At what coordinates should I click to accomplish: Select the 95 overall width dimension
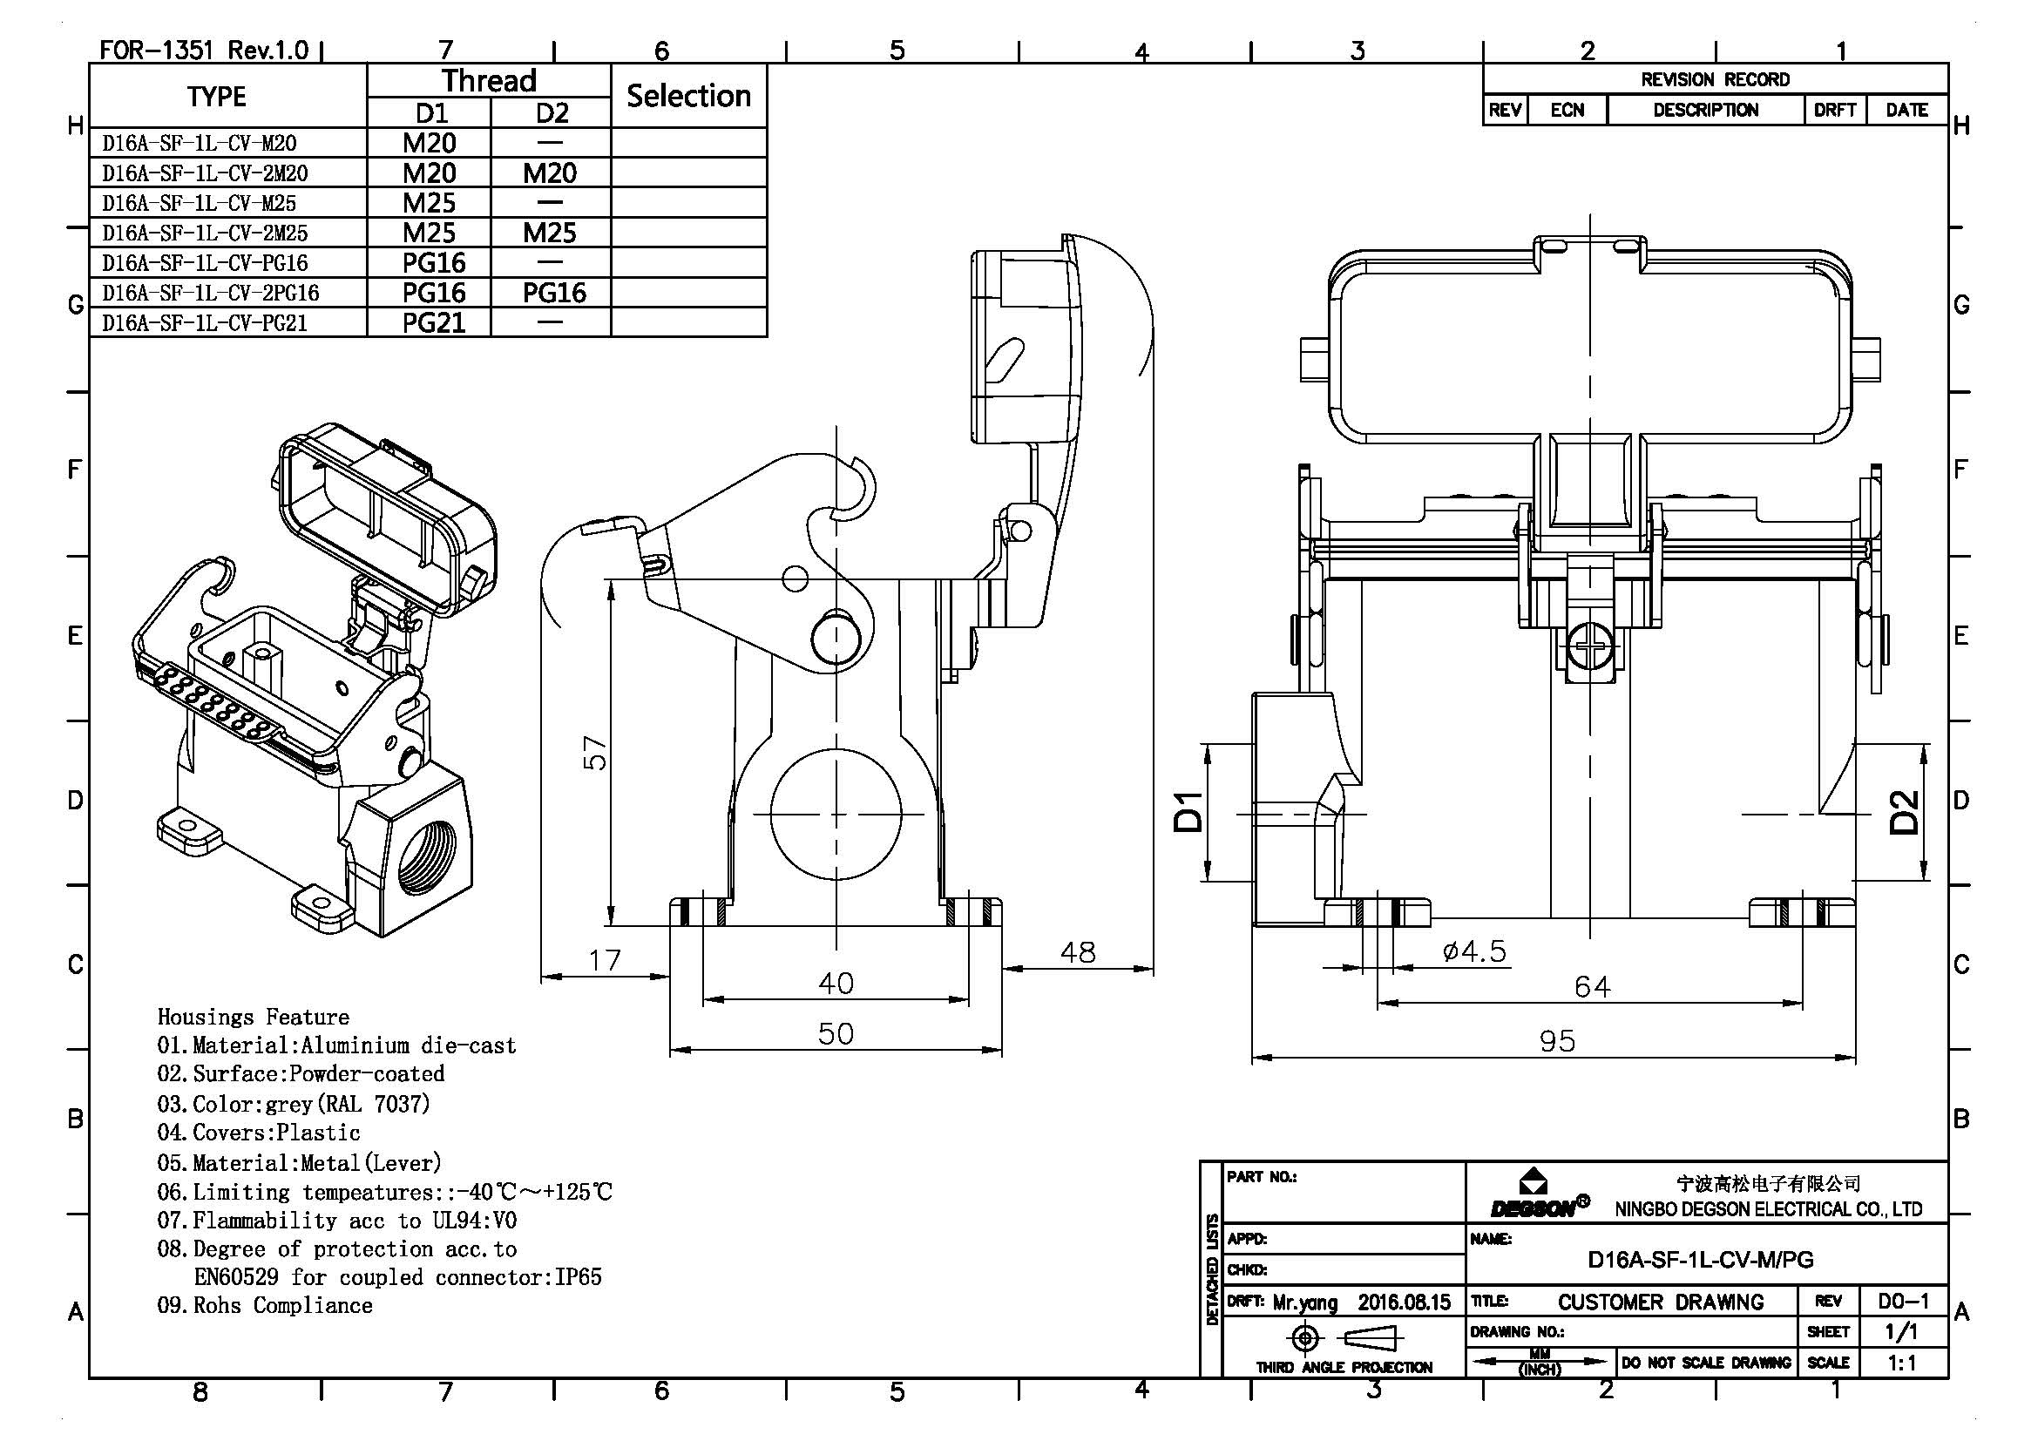(1557, 1041)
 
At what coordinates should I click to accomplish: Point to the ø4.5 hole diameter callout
(1473, 952)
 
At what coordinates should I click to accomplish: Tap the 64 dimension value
(1592, 987)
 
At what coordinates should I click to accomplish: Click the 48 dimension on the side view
(1077, 952)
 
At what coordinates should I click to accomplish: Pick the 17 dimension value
(605, 960)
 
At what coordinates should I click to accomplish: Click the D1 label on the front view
(1188, 812)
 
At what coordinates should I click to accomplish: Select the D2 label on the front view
(1903, 812)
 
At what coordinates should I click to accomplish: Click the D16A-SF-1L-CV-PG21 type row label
(205, 323)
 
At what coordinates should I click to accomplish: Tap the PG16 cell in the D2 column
(553, 293)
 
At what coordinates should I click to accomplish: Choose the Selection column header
(688, 96)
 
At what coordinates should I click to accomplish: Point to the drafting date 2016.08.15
(1404, 1302)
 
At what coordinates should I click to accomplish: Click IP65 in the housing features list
(578, 1277)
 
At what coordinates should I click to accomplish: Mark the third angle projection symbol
(1342, 1337)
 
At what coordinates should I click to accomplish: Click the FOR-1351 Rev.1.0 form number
(203, 50)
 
